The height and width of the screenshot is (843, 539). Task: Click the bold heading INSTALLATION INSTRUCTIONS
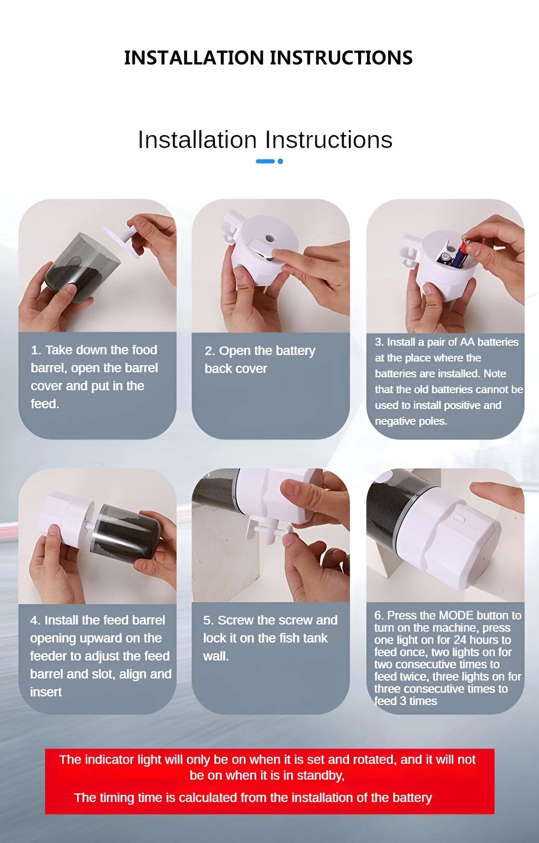coord(268,58)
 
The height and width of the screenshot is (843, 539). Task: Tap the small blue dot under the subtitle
coord(280,161)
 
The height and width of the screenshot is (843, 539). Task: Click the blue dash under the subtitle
coord(265,161)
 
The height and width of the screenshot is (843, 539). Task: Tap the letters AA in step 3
coord(467,342)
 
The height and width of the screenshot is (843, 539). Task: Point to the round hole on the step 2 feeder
coord(269,238)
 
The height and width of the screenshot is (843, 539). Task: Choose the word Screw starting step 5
coord(235,620)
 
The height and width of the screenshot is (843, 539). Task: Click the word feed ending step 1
coord(45,404)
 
